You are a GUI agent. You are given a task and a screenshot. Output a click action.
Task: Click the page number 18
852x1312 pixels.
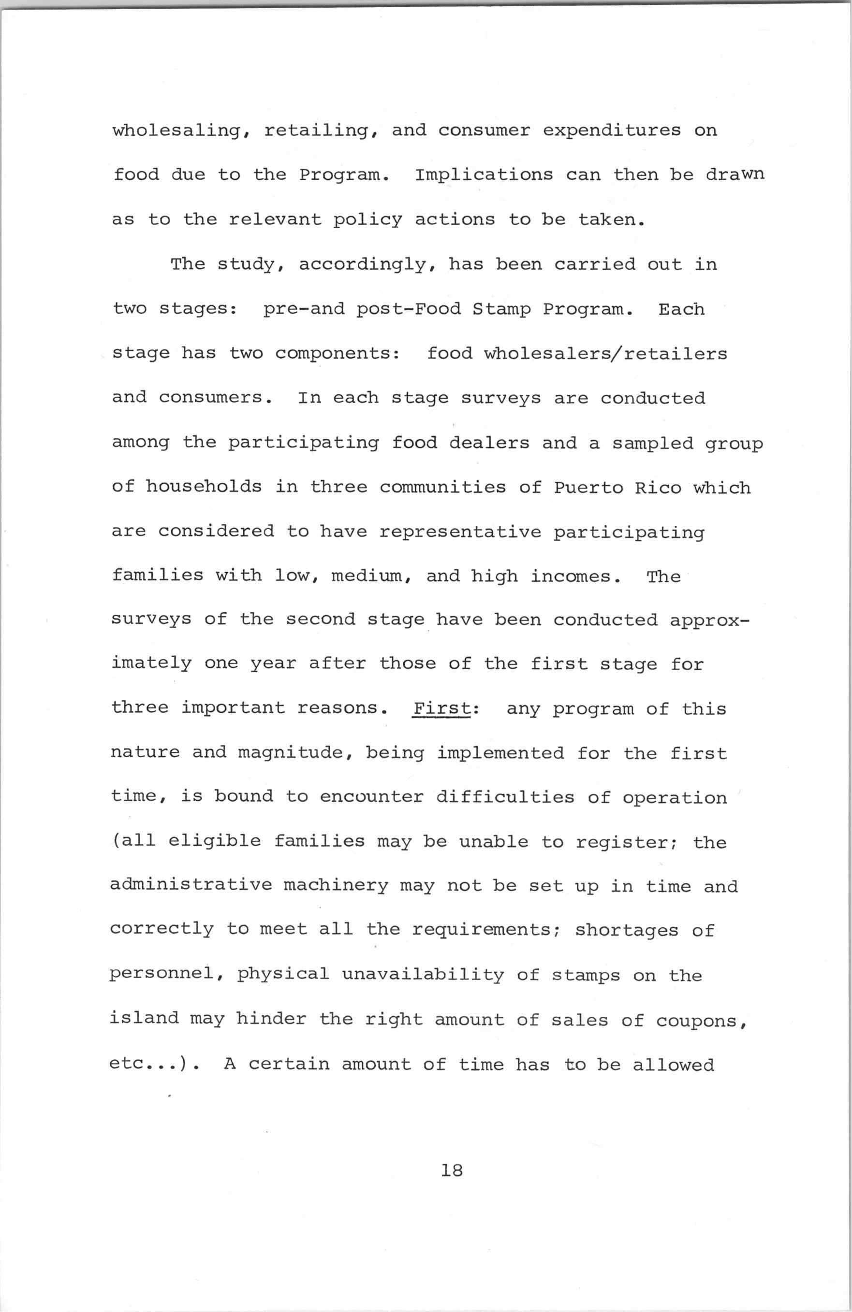coord(452,1170)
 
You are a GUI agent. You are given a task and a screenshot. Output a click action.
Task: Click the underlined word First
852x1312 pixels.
coord(441,708)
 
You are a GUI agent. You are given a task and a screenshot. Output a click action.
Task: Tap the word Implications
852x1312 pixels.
coord(484,175)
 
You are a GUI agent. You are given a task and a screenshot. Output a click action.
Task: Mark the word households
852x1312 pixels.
coord(204,487)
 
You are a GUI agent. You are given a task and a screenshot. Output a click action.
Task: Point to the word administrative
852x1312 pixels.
coord(191,885)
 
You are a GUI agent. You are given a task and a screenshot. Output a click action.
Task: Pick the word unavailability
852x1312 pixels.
coord(423,975)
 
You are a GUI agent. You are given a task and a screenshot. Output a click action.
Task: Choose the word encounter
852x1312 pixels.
coord(372,797)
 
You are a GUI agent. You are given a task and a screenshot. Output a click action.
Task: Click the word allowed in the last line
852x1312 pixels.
coord(673,1065)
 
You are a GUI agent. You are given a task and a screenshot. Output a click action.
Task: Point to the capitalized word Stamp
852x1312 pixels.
coord(502,309)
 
